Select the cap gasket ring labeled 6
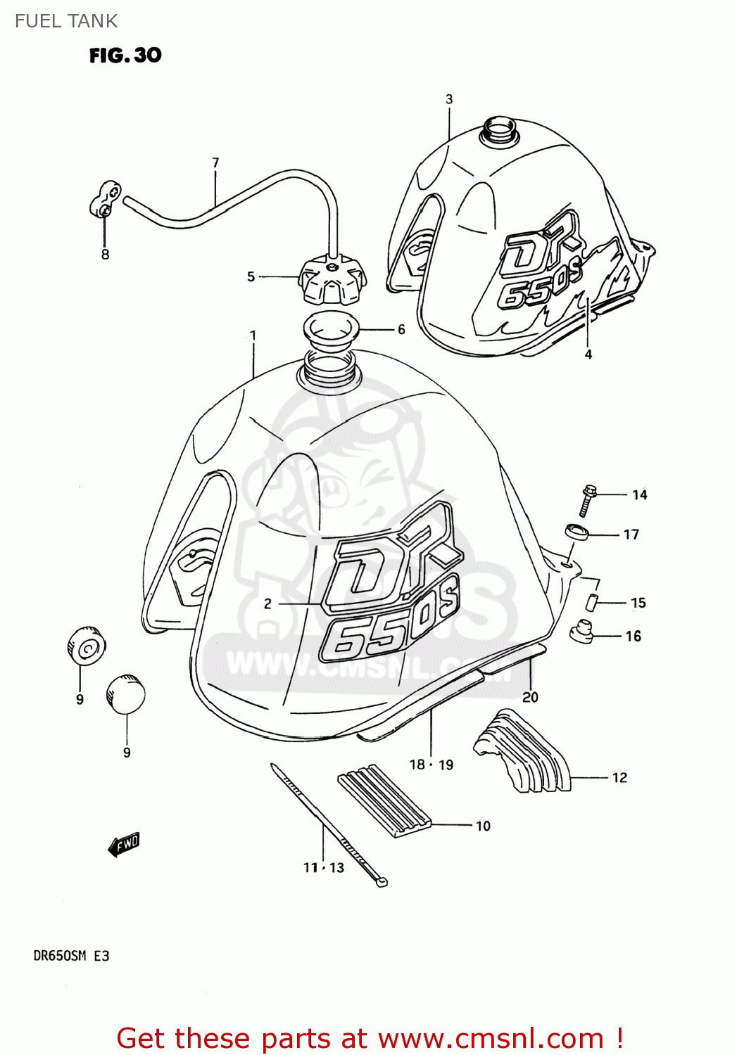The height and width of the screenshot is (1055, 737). coord(331,328)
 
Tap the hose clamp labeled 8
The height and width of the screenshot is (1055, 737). coord(106,199)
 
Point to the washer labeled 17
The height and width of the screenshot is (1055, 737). coord(577,532)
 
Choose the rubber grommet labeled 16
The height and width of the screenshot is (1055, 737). coord(581,630)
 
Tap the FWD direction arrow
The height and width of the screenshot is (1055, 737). coord(125,843)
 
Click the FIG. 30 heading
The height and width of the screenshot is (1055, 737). coord(125,55)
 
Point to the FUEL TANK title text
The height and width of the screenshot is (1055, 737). coord(66,21)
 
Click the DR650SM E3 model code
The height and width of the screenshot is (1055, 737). coord(71,956)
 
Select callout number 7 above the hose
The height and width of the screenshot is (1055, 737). coord(215,162)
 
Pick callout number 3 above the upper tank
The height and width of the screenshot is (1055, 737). coord(449,99)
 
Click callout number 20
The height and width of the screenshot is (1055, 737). coord(530,697)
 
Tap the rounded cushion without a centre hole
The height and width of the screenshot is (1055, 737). coord(126,694)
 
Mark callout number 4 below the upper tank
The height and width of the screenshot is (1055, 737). coord(588,354)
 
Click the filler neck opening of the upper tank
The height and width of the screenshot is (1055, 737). coord(499,132)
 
